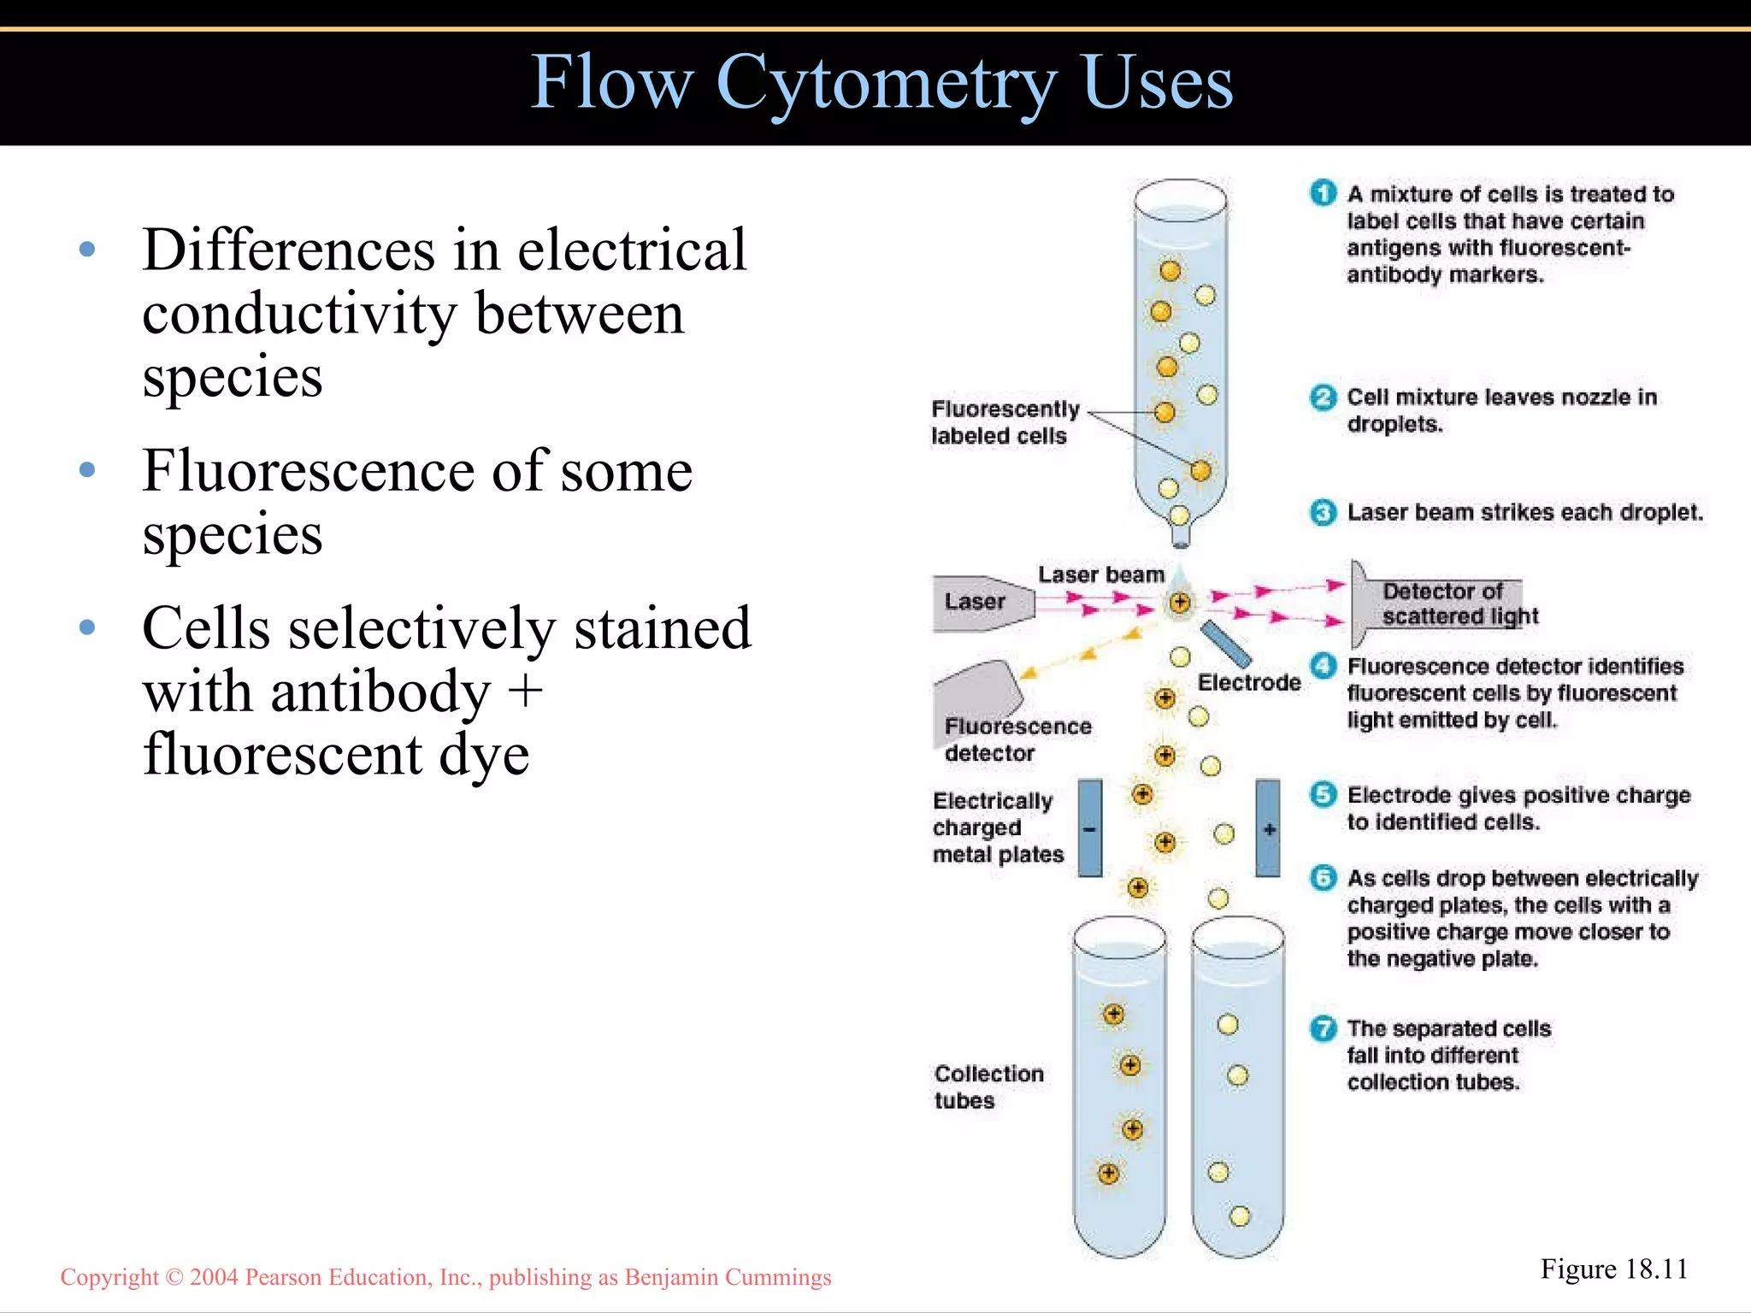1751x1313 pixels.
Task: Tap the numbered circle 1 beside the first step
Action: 1323,193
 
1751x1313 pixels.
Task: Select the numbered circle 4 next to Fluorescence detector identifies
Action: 1323,666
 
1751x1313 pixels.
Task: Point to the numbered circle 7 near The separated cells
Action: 1323,1027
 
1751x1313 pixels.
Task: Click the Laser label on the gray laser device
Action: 975,602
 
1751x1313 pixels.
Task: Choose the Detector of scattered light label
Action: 1459,604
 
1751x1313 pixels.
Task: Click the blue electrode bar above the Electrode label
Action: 1225,644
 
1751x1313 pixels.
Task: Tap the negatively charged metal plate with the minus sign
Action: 1089,828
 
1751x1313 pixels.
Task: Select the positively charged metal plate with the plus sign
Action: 1268,828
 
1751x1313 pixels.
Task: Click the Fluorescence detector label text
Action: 1017,739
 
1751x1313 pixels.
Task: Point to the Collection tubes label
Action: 988,1086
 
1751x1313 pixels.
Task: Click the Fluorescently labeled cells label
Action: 1004,422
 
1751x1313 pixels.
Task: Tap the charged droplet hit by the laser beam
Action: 1180,603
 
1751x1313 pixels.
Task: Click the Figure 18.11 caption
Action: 1613,1269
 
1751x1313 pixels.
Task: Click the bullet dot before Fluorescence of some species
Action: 86,470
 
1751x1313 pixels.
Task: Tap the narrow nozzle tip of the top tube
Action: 1180,538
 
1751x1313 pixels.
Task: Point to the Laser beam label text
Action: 1100,574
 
